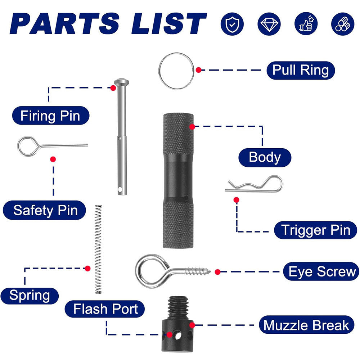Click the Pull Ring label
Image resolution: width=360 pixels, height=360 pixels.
301,70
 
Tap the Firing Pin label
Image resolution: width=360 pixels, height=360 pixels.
50,116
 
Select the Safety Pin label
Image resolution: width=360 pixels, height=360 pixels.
45,210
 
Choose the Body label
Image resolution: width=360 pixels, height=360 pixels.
265,158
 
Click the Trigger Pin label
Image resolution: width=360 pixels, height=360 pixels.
316,230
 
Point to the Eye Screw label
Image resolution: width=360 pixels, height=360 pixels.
322,271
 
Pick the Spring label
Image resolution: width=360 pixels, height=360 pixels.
30,295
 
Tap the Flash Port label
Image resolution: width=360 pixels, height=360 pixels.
105,309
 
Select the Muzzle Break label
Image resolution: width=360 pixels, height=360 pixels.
306,325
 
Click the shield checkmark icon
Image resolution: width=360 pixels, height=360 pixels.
232,24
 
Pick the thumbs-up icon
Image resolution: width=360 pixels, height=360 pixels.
306,24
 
